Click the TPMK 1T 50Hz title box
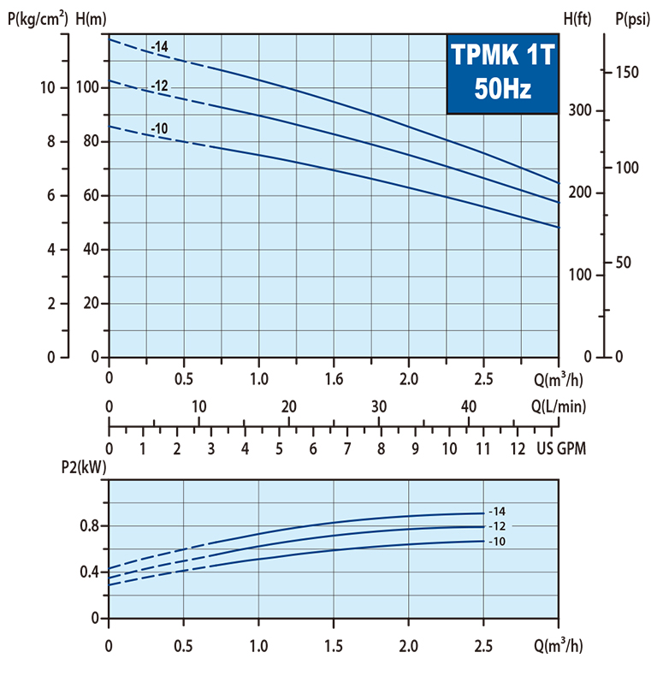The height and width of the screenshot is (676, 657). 502,74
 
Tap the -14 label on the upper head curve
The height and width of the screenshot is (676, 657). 159,46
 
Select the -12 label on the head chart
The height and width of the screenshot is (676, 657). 159,86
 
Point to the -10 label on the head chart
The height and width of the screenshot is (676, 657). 159,129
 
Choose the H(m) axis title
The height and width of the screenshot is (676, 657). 92,15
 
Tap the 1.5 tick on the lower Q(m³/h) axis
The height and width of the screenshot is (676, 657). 334,642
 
